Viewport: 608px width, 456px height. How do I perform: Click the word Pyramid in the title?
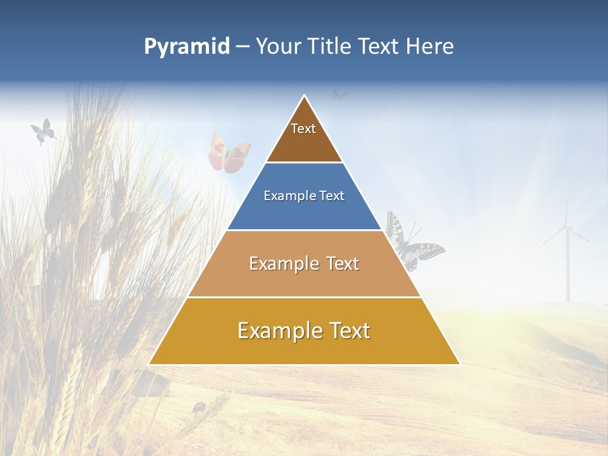pyautogui.click(x=186, y=47)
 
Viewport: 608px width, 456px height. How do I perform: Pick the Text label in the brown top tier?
pyautogui.click(x=303, y=129)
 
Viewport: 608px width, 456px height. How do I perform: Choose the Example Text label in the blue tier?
pyautogui.click(x=304, y=196)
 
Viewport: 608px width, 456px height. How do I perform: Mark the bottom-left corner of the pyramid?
pyautogui.click(x=149, y=364)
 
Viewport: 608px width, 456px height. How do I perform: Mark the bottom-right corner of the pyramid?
pyautogui.click(x=459, y=364)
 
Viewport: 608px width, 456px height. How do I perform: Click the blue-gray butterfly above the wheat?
pyautogui.click(x=43, y=131)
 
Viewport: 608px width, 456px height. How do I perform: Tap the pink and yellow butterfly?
pyautogui.click(x=229, y=153)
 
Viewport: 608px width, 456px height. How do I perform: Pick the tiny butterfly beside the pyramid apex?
pyautogui.click(x=339, y=96)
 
